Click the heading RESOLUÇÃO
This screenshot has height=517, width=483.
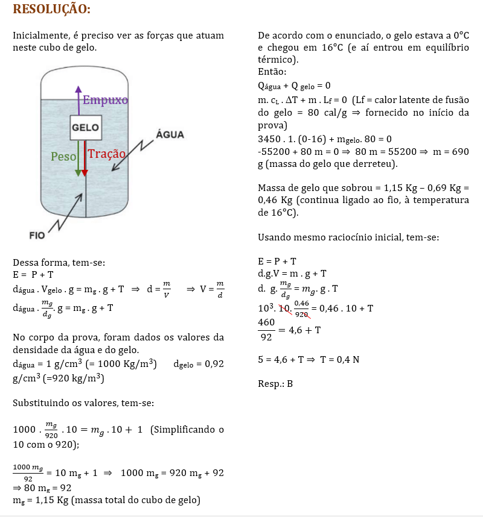51,9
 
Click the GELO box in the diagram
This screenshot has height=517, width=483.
86,128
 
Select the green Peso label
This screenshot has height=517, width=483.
63,157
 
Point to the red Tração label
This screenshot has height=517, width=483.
107,154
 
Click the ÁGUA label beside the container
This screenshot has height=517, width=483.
170,134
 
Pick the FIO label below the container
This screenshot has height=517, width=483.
37,236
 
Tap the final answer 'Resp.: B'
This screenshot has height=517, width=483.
275,383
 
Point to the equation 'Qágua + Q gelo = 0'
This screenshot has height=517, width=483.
294,86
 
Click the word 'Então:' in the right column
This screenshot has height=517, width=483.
272,72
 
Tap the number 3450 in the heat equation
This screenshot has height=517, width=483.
269,139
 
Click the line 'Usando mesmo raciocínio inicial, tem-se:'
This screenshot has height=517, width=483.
348,237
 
